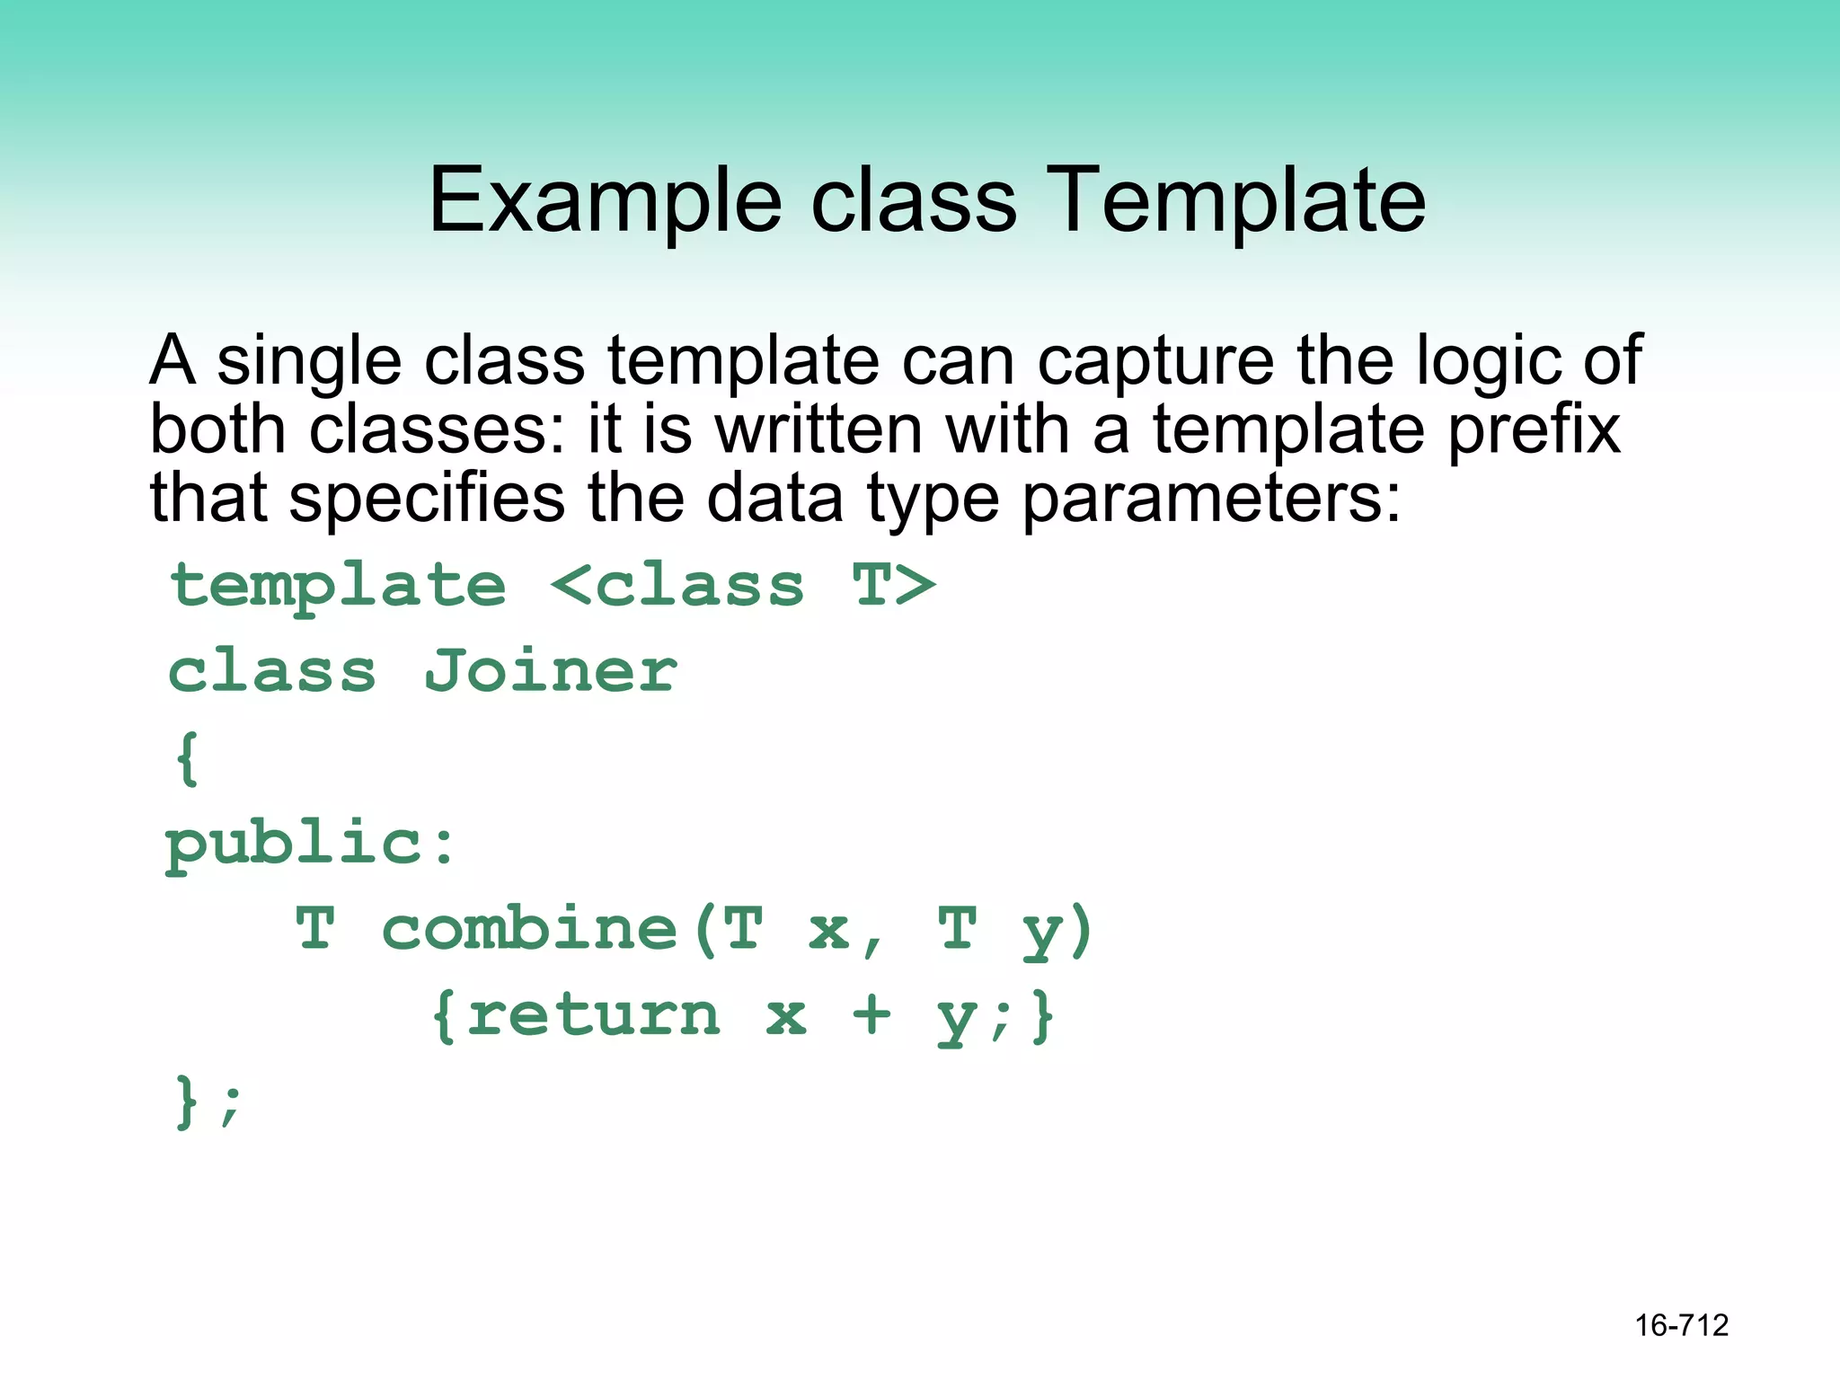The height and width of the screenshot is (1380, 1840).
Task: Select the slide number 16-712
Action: (1681, 1325)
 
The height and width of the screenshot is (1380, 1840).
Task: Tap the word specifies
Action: (428, 498)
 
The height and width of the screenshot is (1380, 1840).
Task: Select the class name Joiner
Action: (551, 671)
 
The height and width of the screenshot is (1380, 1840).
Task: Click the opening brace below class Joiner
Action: (187, 757)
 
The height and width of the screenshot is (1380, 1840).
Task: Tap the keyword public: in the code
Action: (311, 845)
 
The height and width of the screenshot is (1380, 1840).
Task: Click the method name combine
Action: (530, 929)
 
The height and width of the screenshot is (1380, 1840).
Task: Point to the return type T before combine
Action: (315, 929)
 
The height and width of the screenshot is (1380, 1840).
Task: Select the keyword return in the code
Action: (593, 1015)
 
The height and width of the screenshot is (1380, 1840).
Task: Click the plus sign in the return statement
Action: (871, 1015)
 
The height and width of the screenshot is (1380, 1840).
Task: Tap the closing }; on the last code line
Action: (207, 1101)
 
